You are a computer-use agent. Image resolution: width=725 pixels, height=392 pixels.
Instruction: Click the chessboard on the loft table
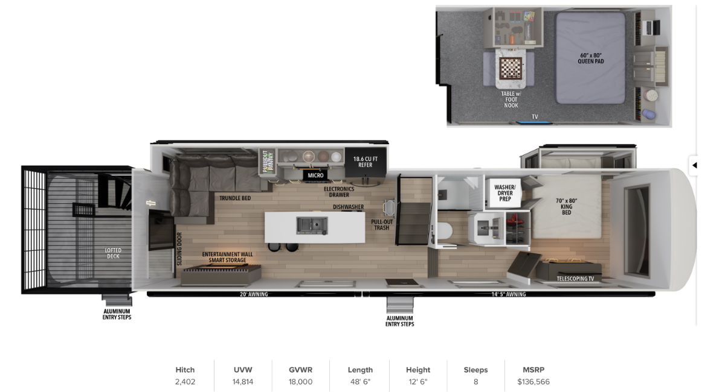(x=511, y=68)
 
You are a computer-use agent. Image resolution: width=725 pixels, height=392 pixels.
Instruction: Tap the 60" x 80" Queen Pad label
(x=591, y=58)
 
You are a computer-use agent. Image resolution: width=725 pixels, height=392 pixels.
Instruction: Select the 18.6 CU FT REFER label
(x=365, y=162)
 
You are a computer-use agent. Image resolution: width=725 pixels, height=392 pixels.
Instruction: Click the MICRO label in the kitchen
(x=315, y=175)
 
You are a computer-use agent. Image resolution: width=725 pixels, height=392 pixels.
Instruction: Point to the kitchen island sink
(x=312, y=225)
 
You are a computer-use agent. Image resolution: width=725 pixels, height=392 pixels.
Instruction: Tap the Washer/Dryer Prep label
(x=504, y=193)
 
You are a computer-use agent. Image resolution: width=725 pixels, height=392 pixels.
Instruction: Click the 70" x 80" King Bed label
(x=566, y=206)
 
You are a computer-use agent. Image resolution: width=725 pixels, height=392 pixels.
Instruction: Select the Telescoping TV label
(x=575, y=279)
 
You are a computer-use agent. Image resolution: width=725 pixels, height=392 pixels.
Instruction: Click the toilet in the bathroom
(x=445, y=231)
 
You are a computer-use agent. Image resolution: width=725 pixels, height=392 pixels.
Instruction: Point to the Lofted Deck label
(x=113, y=253)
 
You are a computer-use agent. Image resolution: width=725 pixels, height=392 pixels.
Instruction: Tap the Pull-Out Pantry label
(x=268, y=162)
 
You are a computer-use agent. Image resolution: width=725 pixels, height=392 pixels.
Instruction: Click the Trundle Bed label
(x=235, y=198)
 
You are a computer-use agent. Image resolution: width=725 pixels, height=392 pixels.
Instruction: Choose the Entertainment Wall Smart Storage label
(x=227, y=258)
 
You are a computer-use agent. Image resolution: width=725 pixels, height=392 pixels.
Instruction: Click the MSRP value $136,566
(x=533, y=382)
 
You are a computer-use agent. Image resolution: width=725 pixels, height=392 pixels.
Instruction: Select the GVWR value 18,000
(x=300, y=382)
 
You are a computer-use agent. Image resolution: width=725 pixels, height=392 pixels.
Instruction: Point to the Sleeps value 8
(x=475, y=382)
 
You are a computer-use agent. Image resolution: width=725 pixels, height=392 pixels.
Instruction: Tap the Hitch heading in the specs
(x=185, y=370)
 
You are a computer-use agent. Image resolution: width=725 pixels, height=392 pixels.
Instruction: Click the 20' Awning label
(x=254, y=294)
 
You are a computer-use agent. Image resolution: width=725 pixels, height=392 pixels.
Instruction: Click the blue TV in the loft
(x=533, y=122)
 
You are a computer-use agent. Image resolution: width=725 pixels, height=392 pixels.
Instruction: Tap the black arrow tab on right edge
(x=694, y=165)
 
